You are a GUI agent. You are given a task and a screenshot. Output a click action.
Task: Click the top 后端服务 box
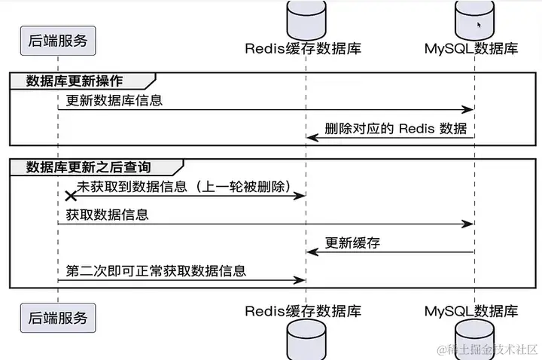tap(58, 40)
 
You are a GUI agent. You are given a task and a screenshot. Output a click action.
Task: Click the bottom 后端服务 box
tap(58, 318)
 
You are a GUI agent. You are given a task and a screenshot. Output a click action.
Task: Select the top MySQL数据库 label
tap(471, 49)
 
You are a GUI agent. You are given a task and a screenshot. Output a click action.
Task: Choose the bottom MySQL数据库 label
tap(471, 310)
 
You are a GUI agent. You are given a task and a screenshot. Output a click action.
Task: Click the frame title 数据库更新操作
tap(75, 80)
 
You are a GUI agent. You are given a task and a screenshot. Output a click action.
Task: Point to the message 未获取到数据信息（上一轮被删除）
tap(184, 186)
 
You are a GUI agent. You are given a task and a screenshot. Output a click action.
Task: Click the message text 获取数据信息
tap(108, 214)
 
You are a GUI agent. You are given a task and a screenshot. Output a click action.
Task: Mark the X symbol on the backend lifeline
tap(72, 196)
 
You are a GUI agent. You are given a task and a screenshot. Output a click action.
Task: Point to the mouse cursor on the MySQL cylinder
tap(478, 24)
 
